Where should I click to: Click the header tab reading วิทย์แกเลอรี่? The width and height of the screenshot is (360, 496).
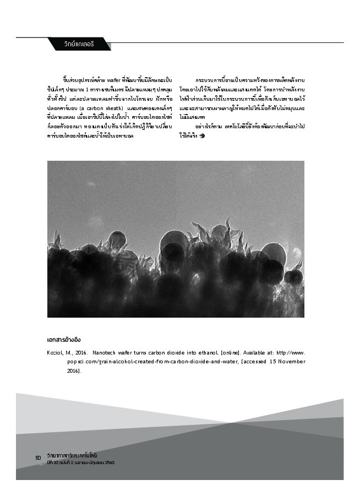[x=79, y=43]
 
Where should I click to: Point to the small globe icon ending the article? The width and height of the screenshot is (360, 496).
[x=203, y=136]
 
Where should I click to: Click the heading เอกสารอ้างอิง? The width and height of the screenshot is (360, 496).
[x=67, y=340]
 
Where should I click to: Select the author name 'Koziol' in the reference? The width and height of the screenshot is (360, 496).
[x=57, y=352]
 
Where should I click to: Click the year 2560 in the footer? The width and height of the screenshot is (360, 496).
[x=108, y=462]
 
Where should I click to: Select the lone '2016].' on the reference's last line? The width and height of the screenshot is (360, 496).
[x=74, y=371]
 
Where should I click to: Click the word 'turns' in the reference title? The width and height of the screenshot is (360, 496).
[x=138, y=352]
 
